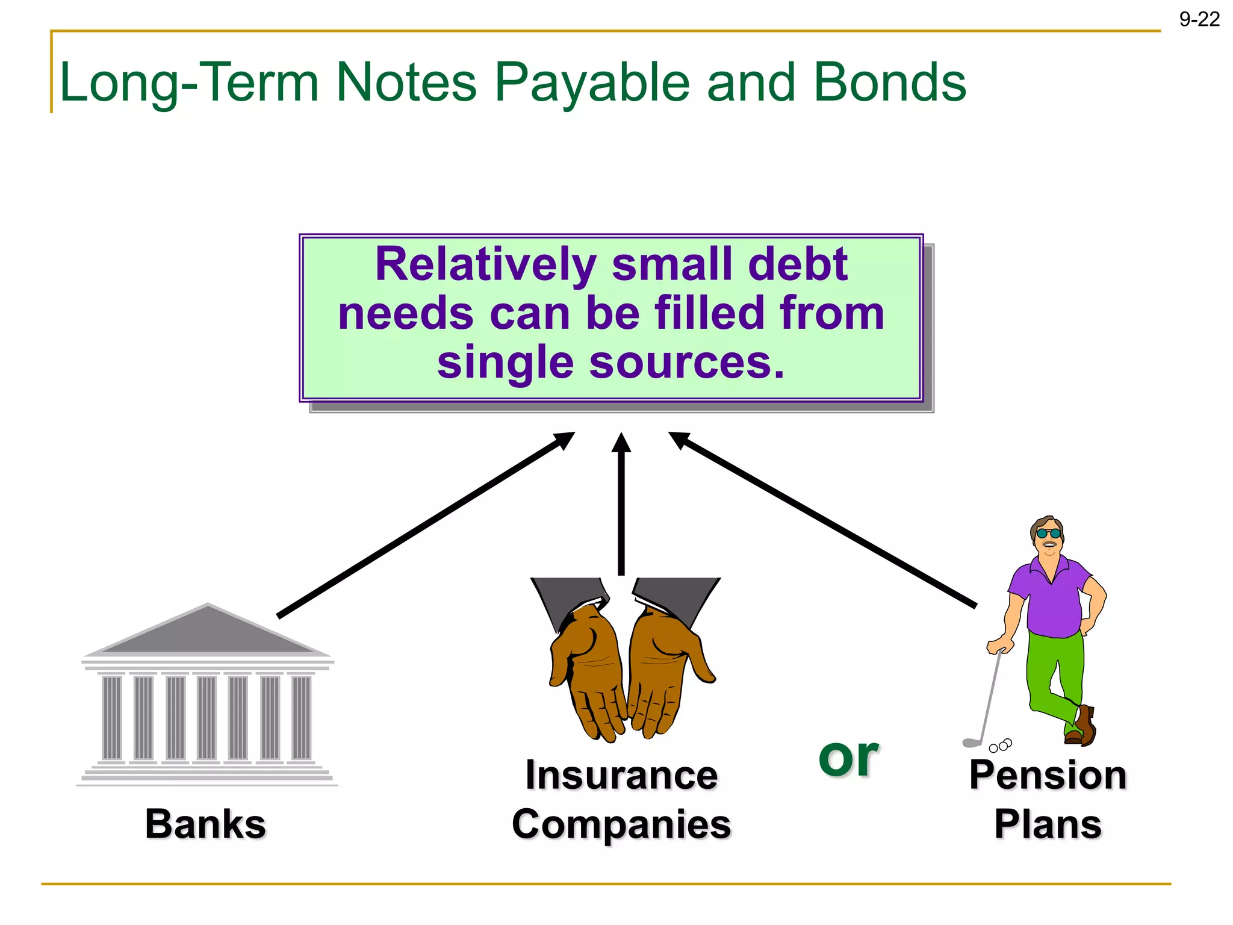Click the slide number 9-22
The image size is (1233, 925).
coord(1199,20)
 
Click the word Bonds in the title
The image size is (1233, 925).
coord(890,83)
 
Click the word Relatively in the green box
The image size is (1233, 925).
coord(485,265)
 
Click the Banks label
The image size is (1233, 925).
coord(205,824)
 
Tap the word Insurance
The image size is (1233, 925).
coord(621,775)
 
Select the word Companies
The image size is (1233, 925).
coord(621,824)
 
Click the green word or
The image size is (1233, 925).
coord(848,757)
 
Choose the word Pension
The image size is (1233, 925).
coord(1048,775)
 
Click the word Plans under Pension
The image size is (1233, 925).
coord(1048,824)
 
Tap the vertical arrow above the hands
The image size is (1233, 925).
coord(621,506)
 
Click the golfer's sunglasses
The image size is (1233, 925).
coord(1049,534)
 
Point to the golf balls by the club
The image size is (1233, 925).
coord(1000,746)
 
